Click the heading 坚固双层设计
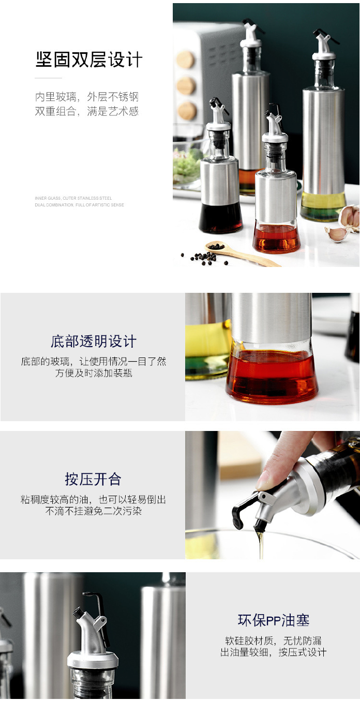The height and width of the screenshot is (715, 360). pyautogui.click(x=88, y=60)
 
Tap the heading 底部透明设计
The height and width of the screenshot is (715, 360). pyautogui.click(x=93, y=341)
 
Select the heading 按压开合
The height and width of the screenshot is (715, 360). pyautogui.click(x=93, y=479)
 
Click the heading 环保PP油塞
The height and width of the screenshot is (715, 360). pyautogui.click(x=273, y=620)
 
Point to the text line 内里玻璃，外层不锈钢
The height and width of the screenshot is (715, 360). pyautogui.click(x=87, y=97)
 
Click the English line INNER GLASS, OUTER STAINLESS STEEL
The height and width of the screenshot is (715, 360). pyautogui.click(x=73, y=198)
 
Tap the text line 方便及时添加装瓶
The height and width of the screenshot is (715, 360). pyautogui.click(x=94, y=373)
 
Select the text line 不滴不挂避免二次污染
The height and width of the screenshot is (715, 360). pyautogui.click(x=94, y=511)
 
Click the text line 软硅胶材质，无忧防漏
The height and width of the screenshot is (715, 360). pyautogui.click(x=273, y=641)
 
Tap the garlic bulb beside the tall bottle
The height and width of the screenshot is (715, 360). pyautogui.click(x=350, y=216)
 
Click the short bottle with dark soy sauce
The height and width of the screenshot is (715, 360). pyautogui.click(x=220, y=197)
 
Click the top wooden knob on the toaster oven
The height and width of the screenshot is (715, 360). pyautogui.click(x=185, y=60)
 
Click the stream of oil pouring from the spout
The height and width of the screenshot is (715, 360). pyautogui.click(x=260, y=543)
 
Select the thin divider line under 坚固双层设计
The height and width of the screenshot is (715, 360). pyautogui.click(x=48, y=78)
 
